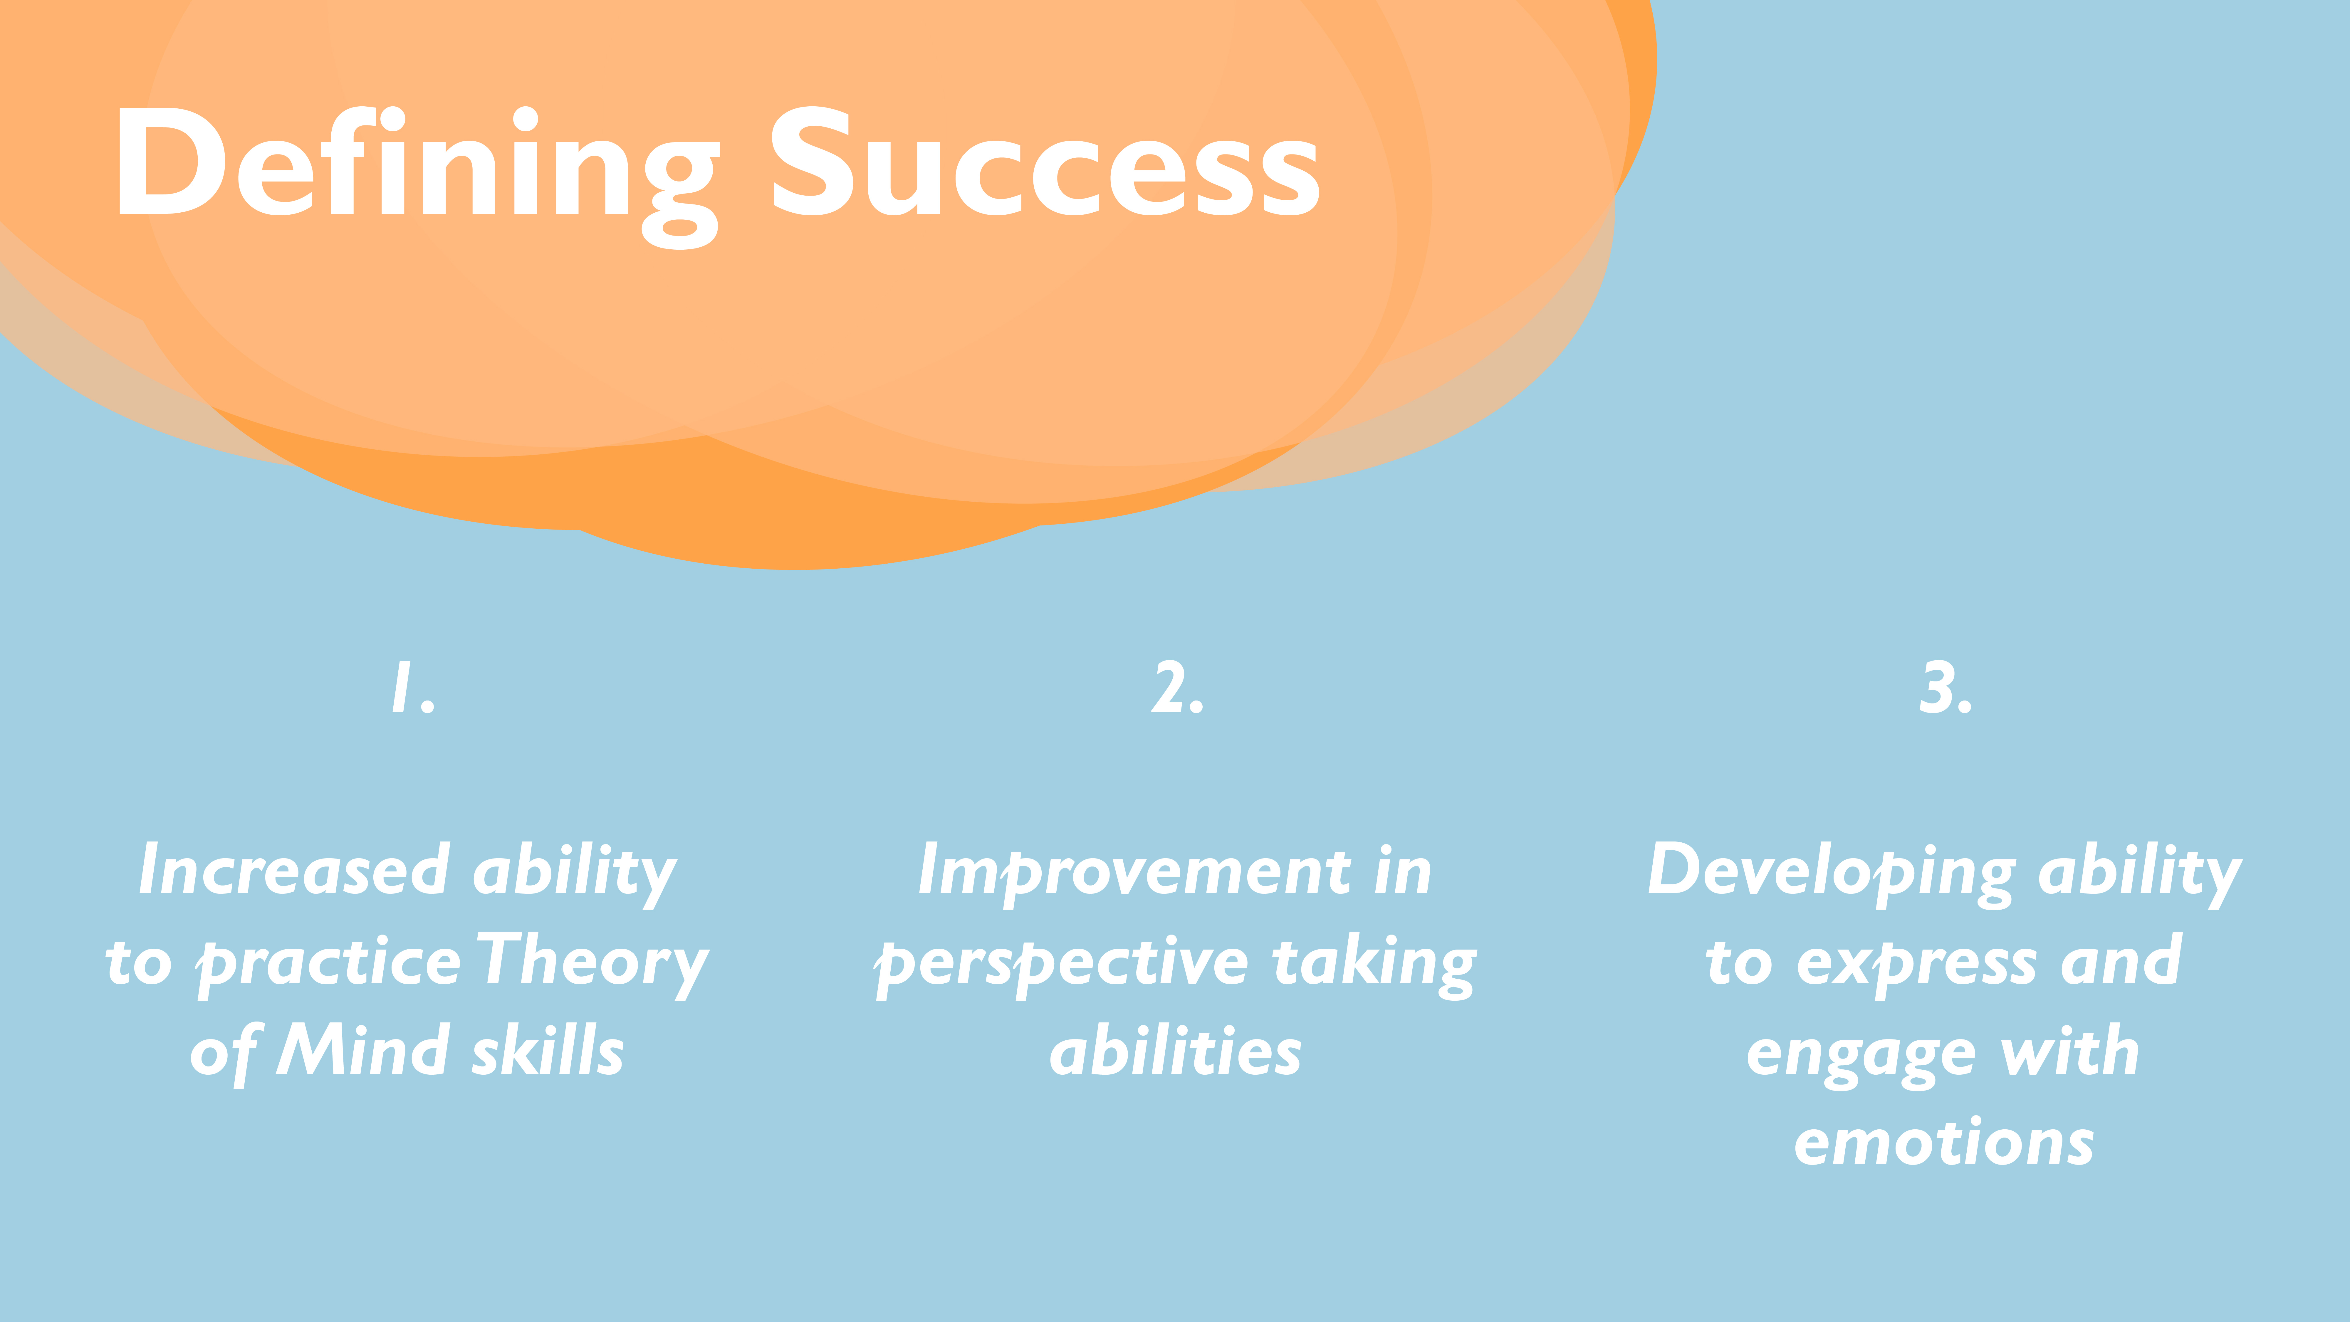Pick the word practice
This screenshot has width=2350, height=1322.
(x=328, y=965)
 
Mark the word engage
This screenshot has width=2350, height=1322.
(x=1861, y=1058)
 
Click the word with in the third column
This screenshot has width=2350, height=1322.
(x=2069, y=1049)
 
